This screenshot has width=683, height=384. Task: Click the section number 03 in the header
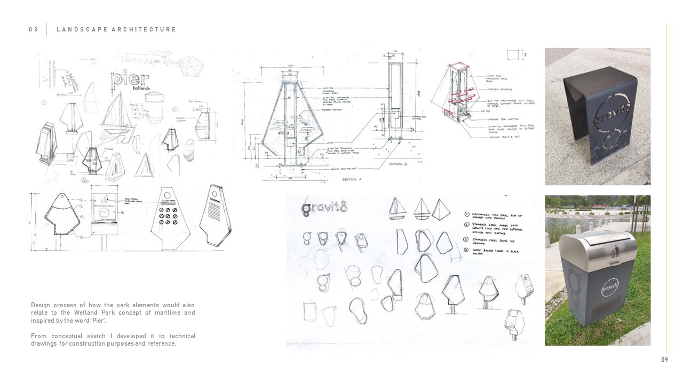34,30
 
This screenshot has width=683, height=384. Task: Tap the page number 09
664,360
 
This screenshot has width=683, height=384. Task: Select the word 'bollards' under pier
141,89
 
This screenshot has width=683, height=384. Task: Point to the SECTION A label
352,180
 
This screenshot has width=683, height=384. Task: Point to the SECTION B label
398,164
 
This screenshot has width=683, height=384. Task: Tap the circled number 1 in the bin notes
467,214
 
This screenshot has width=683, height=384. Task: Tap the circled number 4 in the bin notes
467,250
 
